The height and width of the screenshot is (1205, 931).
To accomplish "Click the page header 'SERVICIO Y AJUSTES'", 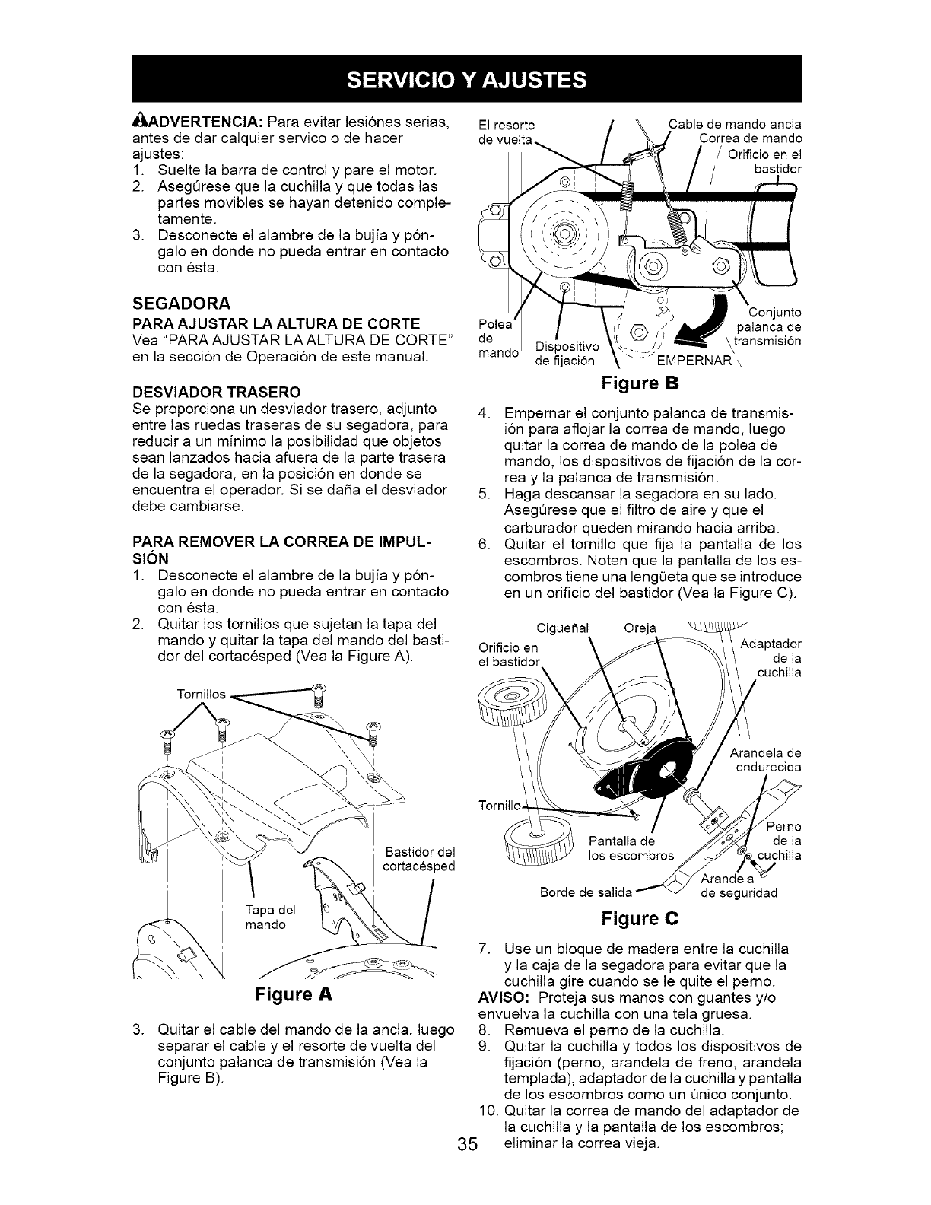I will pyautogui.click(x=466, y=78).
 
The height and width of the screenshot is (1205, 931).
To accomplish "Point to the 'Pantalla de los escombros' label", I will pyautogui.click(x=631, y=847).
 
